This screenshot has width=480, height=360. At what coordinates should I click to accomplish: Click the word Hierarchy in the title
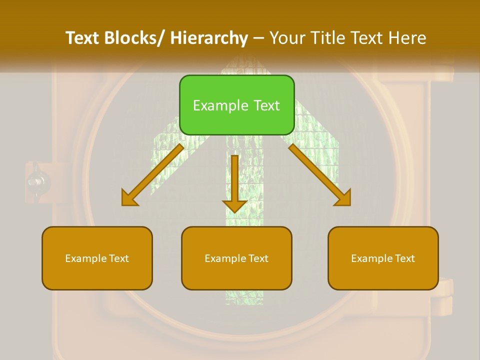[x=209, y=38]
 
